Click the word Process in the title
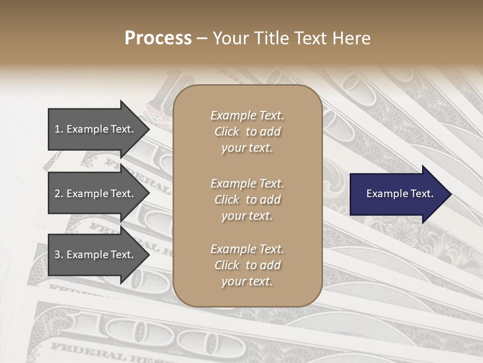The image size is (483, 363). click(158, 38)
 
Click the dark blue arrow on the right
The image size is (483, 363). click(397, 194)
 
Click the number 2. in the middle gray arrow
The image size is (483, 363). click(59, 194)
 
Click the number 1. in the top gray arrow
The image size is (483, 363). click(59, 129)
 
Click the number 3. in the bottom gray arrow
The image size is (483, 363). click(59, 255)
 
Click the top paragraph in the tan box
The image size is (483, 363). click(247, 132)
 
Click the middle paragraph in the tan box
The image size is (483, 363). click(247, 200)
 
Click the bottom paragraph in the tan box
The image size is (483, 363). click(247, 265)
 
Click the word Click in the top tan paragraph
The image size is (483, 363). click(227, 132)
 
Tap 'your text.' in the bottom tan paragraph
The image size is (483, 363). click(247, 282)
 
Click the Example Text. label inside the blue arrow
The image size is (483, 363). click(399, 194)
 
